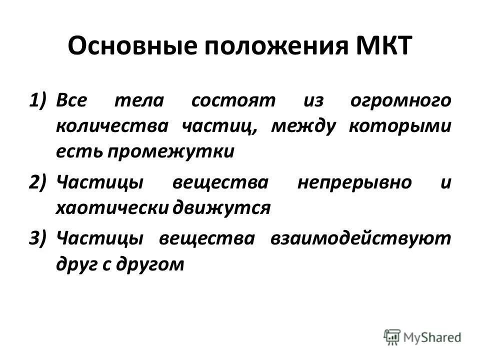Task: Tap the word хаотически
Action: coord(112,207)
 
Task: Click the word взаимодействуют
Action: coord(359,239)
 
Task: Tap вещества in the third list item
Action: coord(203,239)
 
